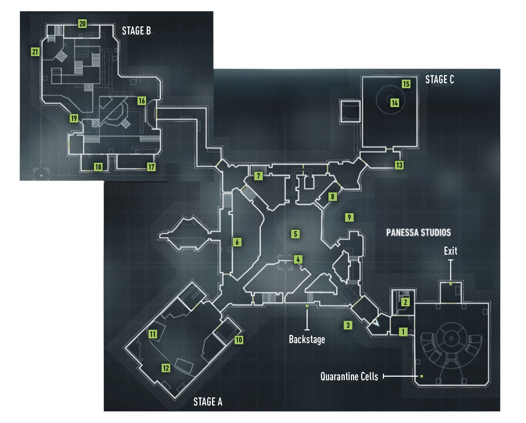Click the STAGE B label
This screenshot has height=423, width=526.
pos(136,31)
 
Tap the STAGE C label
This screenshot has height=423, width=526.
pos(440,79)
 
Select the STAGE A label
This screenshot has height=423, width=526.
pos(208,402)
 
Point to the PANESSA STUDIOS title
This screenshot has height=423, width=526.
pos(418,233)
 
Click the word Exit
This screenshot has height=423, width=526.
pos(450,251)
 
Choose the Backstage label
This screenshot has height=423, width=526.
pos(307,340)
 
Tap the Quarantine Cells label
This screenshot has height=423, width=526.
pos(349,376)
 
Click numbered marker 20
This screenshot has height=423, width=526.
pos(83,24)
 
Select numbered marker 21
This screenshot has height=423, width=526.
pos(35,52)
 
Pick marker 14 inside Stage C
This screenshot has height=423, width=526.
pos(395,103)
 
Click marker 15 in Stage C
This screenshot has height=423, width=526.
pos(406,84)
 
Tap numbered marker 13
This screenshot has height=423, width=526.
pos(399,165)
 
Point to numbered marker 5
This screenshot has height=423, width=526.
pos(295,234)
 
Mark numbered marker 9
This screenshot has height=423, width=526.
pos(349,217)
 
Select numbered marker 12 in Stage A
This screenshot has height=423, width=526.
pos(166,368)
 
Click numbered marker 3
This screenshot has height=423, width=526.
pos(348,325)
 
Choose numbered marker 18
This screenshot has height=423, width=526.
pos(98,167)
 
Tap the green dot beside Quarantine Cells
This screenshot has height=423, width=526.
pos(422,376)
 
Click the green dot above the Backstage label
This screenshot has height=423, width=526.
pos(307,306)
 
